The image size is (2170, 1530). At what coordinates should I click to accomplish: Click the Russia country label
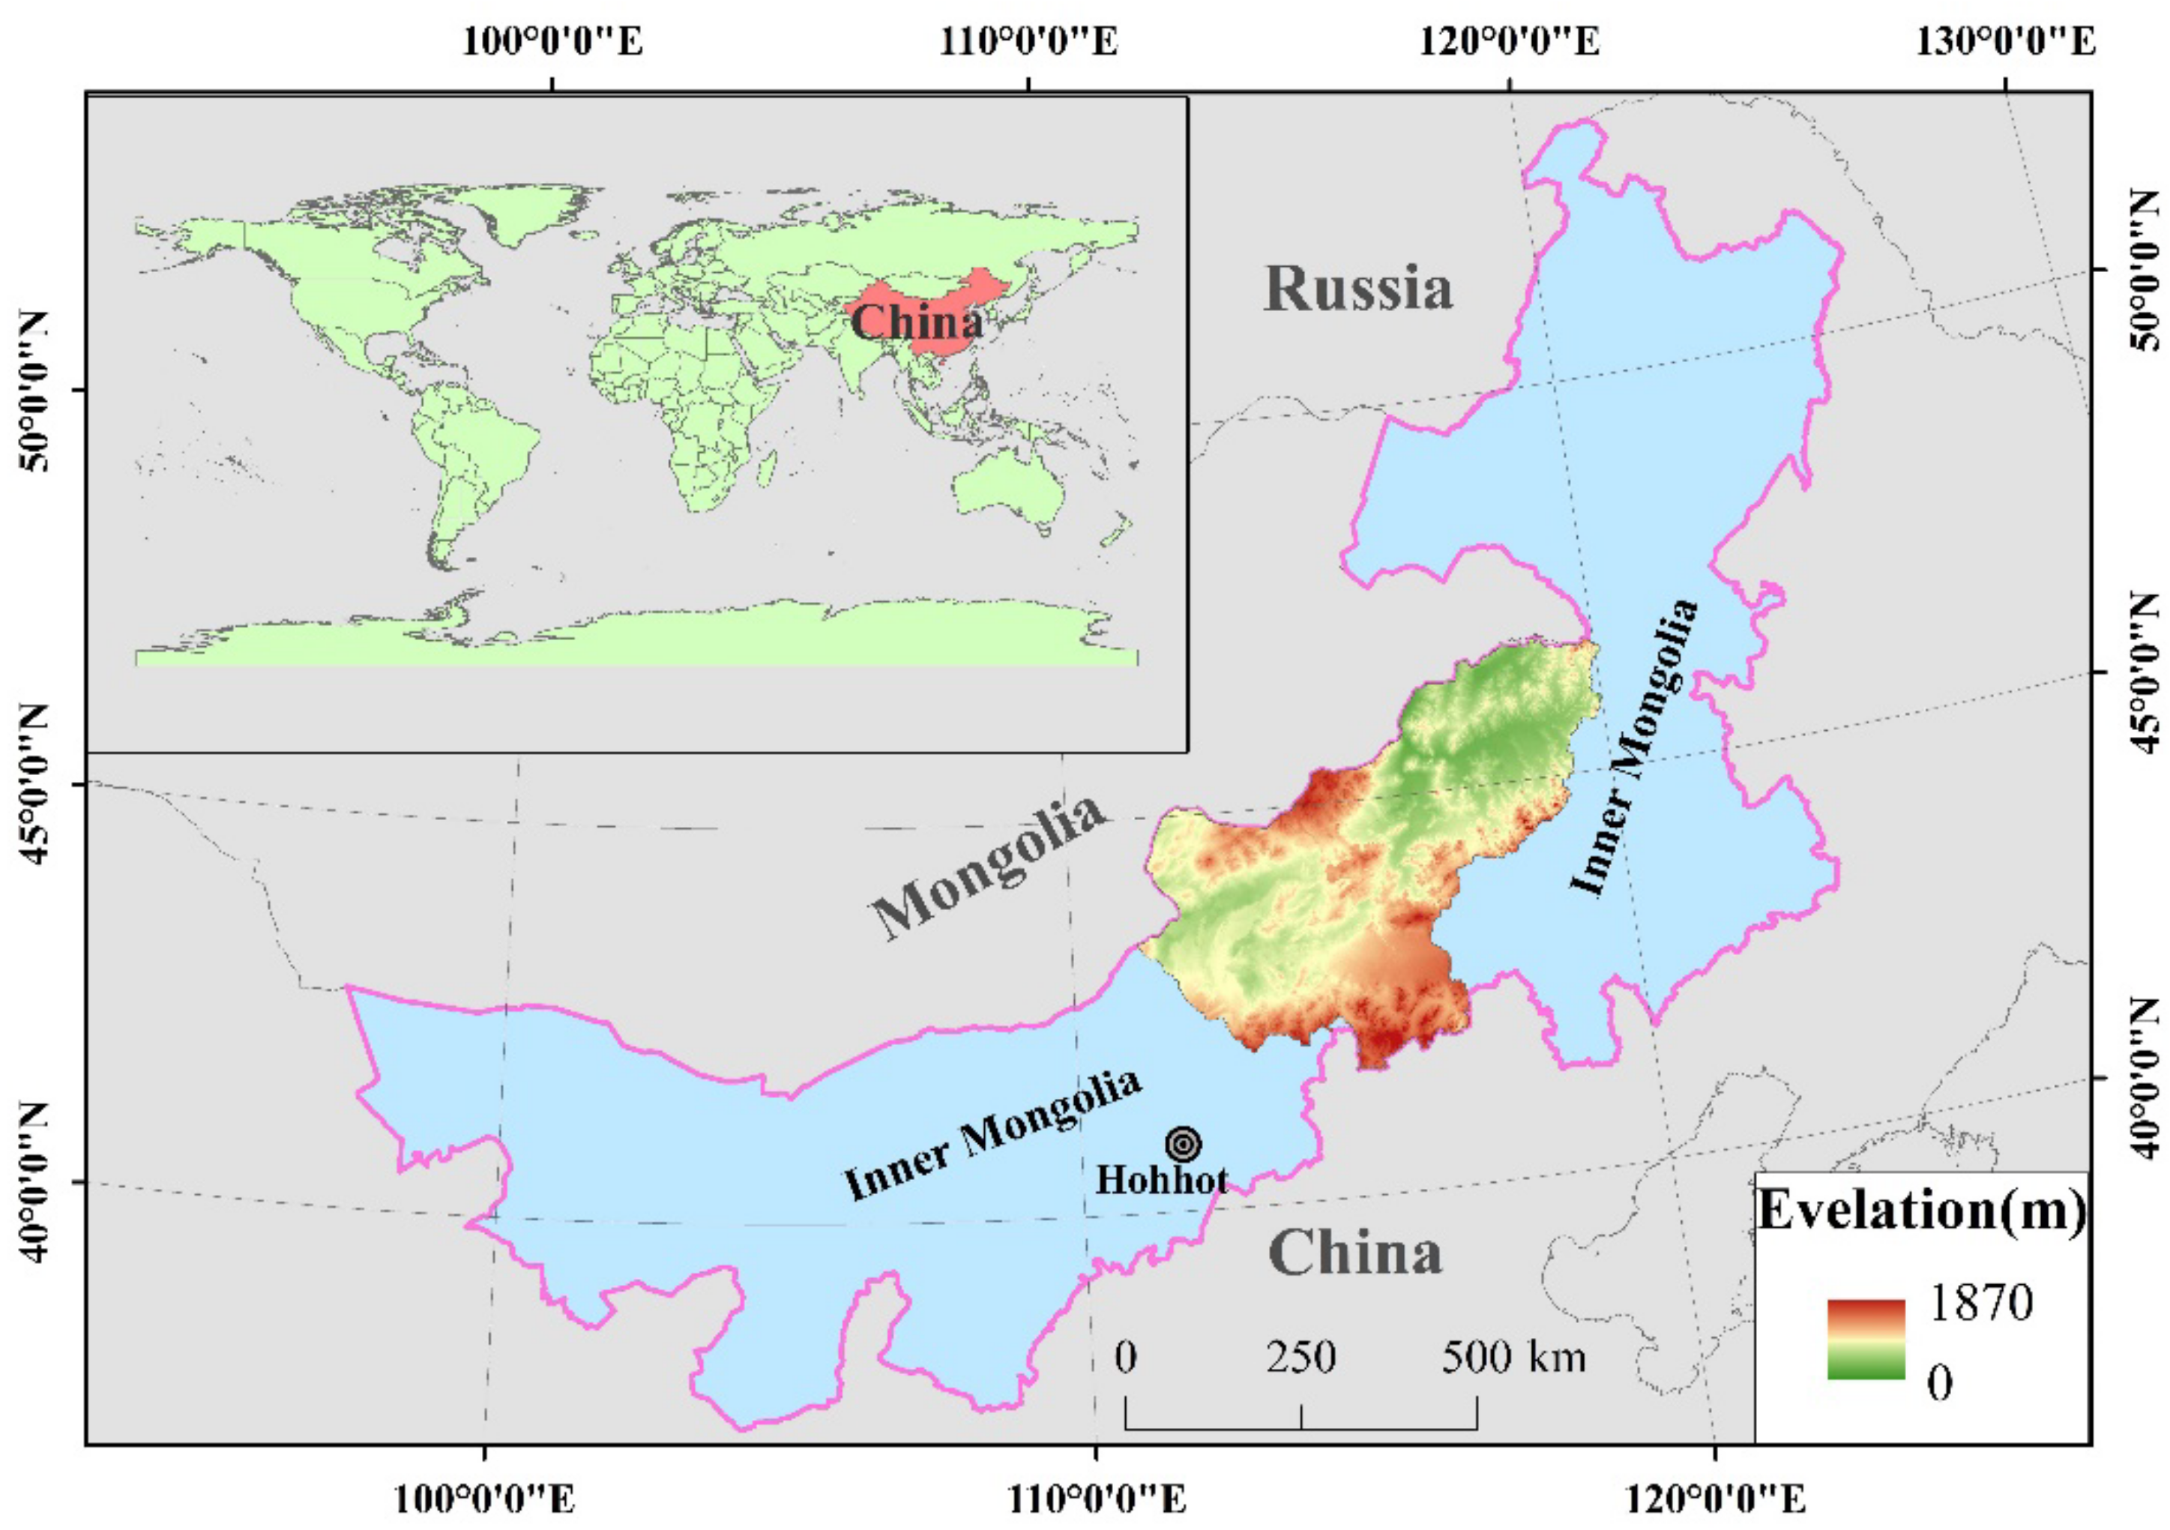tap(1358, 289)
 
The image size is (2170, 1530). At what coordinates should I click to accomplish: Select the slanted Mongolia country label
tap(989, 867)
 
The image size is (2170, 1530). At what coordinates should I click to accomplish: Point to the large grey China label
tap(1354, 1253)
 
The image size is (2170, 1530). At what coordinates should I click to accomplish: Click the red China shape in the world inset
tap(935, 312)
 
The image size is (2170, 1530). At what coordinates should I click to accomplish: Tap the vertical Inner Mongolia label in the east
tap(1634, 747)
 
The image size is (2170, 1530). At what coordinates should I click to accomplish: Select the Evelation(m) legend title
tap(1921, 1211)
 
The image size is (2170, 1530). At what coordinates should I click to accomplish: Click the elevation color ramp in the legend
tap(1866, 1339)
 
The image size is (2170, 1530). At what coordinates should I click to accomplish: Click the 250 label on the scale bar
tap(1301, 1358)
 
